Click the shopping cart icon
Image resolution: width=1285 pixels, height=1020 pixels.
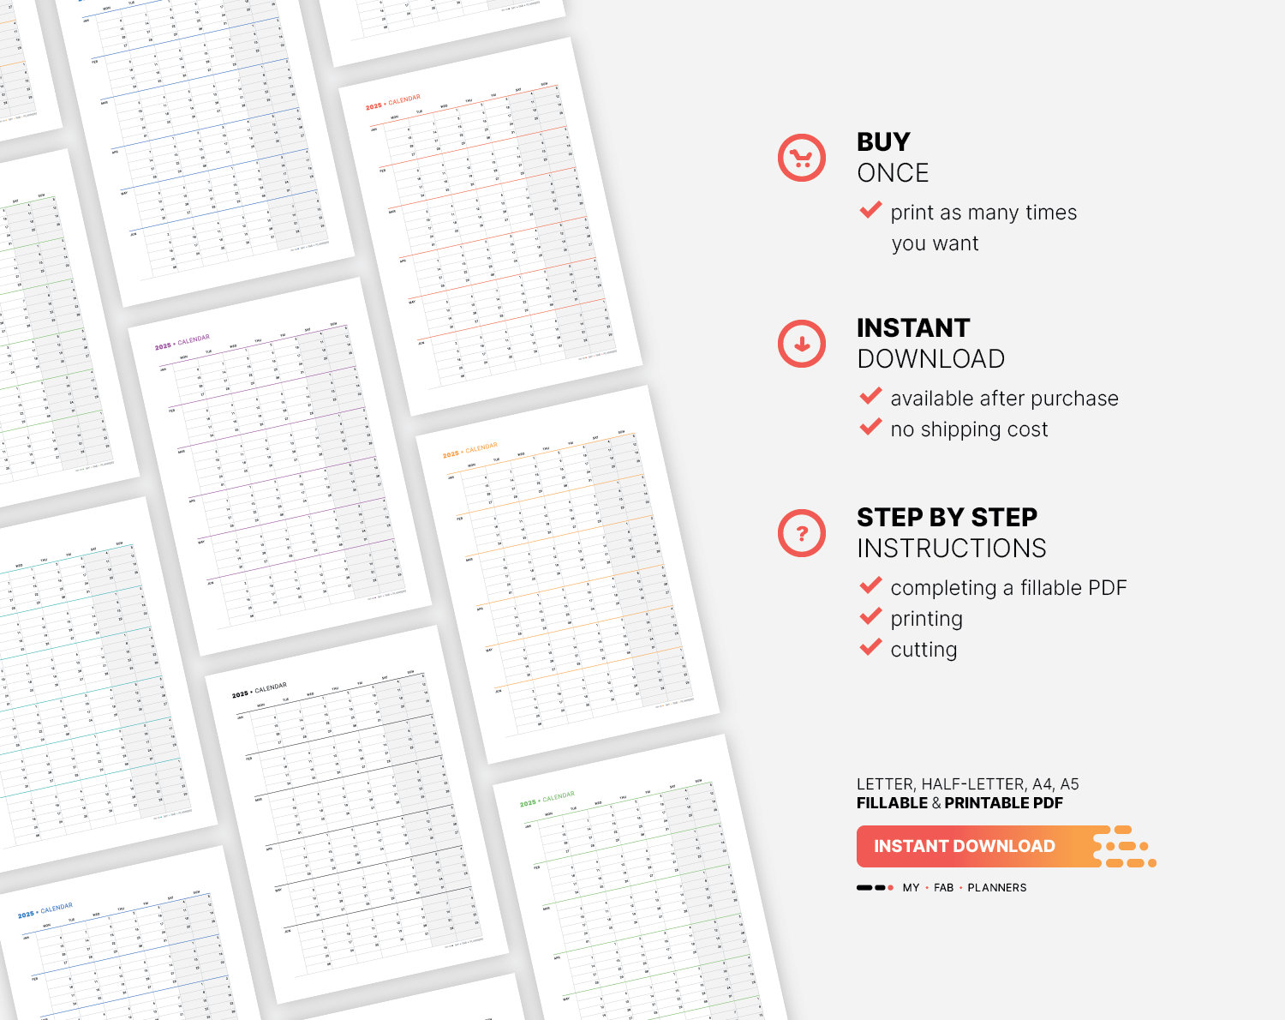(801, 158)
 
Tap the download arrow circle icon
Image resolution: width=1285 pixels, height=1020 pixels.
(801, 344)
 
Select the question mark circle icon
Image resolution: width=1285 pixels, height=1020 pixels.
(801, 533)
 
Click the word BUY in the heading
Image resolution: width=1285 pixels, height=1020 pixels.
(883, 141)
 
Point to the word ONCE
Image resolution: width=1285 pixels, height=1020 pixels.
(893, 173)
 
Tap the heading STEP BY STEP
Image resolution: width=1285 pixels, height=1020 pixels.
(947, 517)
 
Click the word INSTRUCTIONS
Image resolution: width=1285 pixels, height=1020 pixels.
(951, 549)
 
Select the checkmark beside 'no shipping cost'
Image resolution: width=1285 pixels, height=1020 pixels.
(870, 427)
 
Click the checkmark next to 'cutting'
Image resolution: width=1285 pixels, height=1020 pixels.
(870, 647)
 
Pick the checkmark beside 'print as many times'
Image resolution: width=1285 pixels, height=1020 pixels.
(870, 210)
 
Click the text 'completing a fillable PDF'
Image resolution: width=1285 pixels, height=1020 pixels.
(1008, 588)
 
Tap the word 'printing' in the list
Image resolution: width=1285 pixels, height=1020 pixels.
(926, 619)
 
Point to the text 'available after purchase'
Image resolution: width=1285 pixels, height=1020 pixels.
(1004, 399)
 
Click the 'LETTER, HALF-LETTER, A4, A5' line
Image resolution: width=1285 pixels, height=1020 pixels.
(967, 784)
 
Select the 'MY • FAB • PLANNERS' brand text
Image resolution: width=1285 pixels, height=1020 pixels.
(964, 888)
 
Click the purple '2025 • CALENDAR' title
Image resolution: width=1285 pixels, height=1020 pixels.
(182, 343)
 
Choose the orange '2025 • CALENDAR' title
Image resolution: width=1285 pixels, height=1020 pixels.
(469, 451)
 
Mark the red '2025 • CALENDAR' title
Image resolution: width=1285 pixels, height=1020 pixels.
(392, 103)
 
